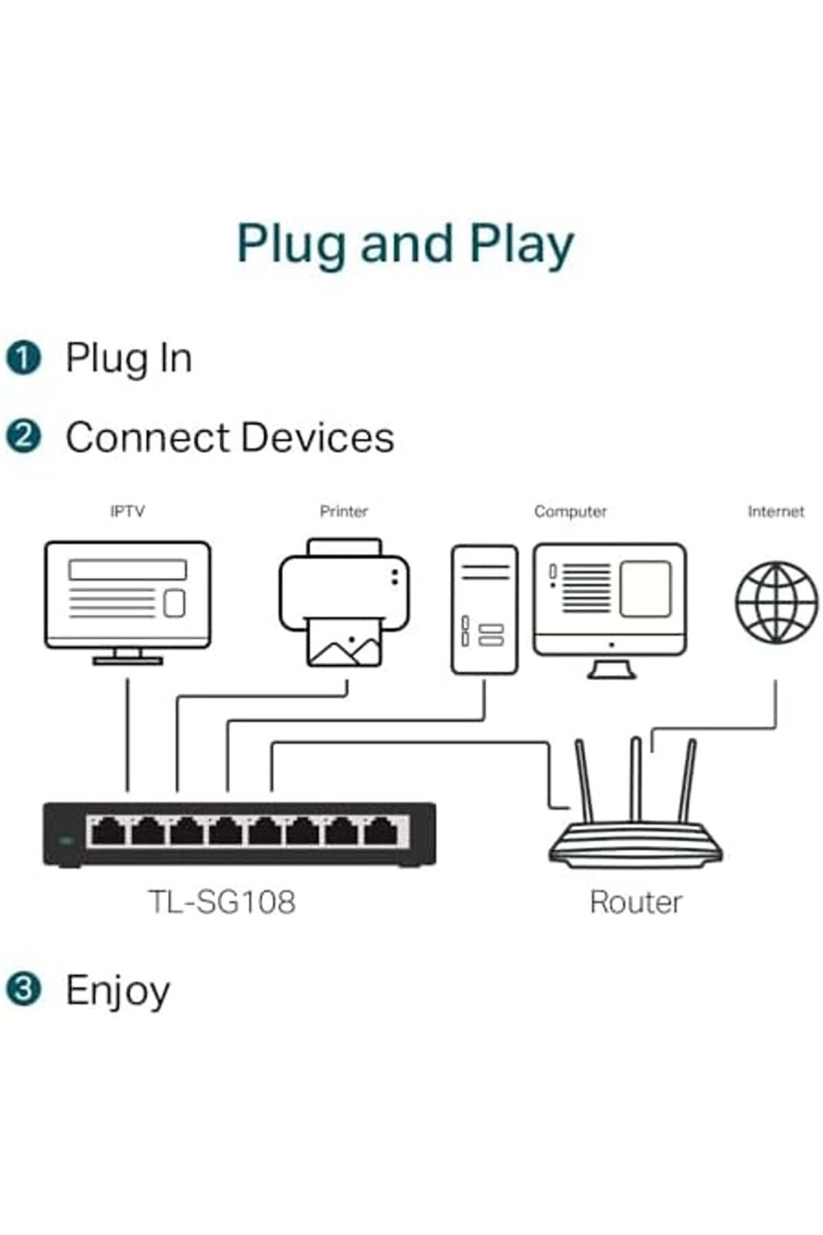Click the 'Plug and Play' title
tap(405, 244)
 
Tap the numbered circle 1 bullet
tap(23, 358)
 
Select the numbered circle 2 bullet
tap(23, 437)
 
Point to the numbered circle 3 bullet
tap(23, 990)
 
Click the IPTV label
tap(127, 512)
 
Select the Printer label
tap(344, 512)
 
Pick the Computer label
tap(570, 512)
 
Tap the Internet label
tap(776, 512)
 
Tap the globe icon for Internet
tap(776, 602)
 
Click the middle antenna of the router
tap(636, 778)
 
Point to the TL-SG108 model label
tap(222, 902)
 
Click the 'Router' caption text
tap(636, 902)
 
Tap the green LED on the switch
tap(66, 840)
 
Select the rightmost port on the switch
tap(381, 832)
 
